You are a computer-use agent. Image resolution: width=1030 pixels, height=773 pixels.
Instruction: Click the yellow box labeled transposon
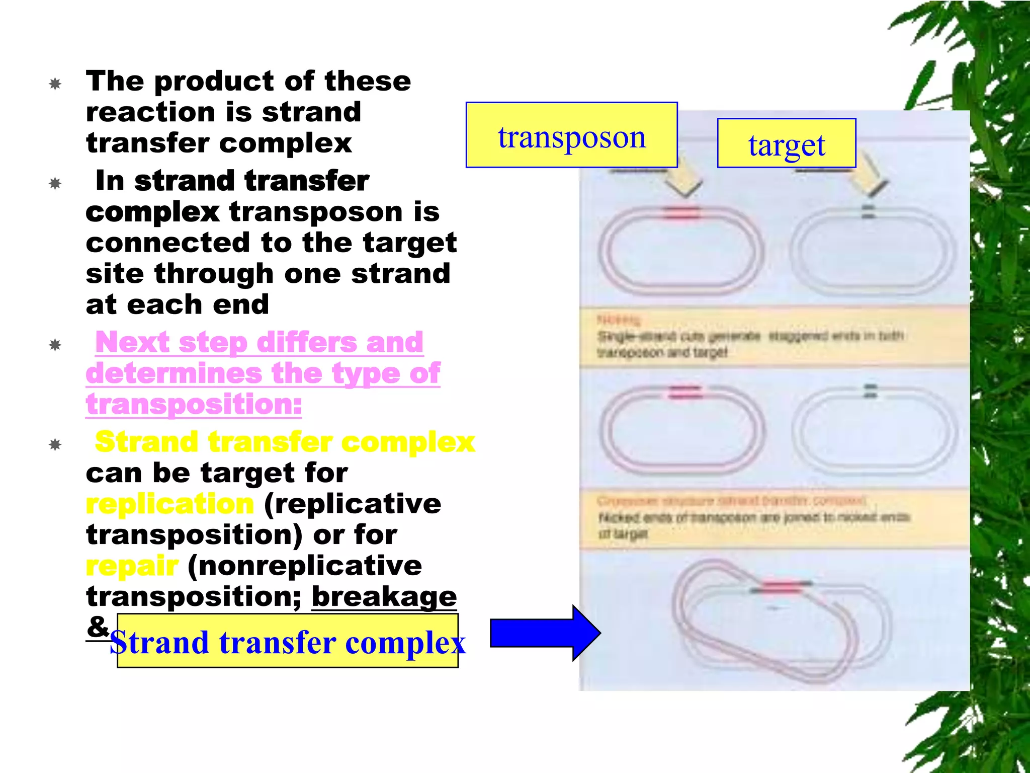tap(571, 135)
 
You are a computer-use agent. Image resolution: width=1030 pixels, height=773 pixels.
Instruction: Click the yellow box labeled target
tap(786, 143)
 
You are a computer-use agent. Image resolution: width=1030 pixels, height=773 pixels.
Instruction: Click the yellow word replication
tap(170, 504)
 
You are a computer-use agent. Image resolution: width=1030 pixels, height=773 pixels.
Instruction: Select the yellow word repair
tap(132, 566)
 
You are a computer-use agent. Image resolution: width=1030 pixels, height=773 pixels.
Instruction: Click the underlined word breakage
tap(384, 597)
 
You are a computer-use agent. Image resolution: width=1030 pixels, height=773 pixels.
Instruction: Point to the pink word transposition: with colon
tap(194, 405)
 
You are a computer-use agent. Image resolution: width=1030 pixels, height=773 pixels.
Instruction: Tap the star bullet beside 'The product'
tap(55, 84)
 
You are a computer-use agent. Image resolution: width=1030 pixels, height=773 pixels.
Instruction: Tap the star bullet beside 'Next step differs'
tap(55, 345)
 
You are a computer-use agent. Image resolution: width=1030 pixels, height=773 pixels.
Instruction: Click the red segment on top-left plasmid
tap(680, 213)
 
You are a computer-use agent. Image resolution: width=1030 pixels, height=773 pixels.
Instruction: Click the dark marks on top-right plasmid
tap(869, 211)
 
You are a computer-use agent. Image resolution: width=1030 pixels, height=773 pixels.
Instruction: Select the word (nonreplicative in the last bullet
tap(305, 566)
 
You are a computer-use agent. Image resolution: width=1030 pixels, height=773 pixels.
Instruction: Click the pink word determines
tap(174, 374)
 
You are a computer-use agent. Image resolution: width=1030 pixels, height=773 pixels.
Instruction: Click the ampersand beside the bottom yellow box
tap(98, 627)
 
